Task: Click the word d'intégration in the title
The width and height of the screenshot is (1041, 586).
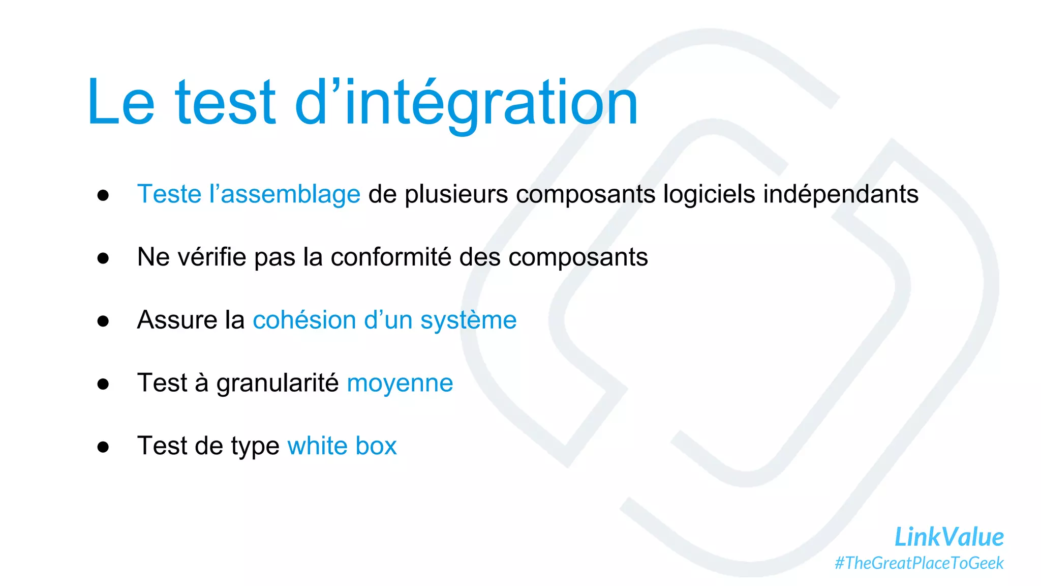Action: [x=466, y=103]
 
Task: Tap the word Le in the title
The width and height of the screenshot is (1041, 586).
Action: [x=121, y=103]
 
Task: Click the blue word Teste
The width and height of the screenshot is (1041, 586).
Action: [x=169, y=194]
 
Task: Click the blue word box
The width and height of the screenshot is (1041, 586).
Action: [x=376, y=446]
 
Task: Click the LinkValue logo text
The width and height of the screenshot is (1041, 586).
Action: [x=948, y=537]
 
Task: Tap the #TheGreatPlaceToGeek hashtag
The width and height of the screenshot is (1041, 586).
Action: [x=919, y=563]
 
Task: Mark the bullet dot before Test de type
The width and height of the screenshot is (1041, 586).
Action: [x=103, y=447]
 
